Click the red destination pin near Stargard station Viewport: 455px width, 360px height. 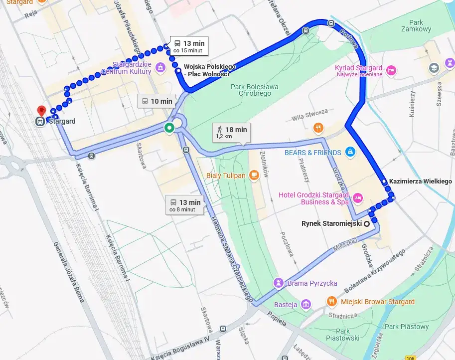click(x=41, y=110)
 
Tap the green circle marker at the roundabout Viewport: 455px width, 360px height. click(x=169, y=128)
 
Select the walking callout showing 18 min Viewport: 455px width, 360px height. click(x=231, y=132)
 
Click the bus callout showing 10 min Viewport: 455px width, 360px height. click(x=156, y=101)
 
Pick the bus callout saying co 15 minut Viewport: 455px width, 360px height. click(x=188, y=46)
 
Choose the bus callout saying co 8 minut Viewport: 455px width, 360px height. click(x=185, y=205)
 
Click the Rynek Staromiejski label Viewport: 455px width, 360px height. click(x=331, y=223)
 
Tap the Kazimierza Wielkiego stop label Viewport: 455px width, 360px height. click(x=420, y=181)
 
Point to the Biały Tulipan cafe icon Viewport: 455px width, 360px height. click(x=254, y=175)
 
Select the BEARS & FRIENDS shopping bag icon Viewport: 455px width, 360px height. click(x=350, y=152)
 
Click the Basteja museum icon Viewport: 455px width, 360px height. click(x=305, y=304)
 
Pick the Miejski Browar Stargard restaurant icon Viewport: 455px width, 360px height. click(x=331, y=301)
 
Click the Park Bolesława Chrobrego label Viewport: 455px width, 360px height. click(x=254, y=90)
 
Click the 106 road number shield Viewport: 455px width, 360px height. click(x=410, y=358)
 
